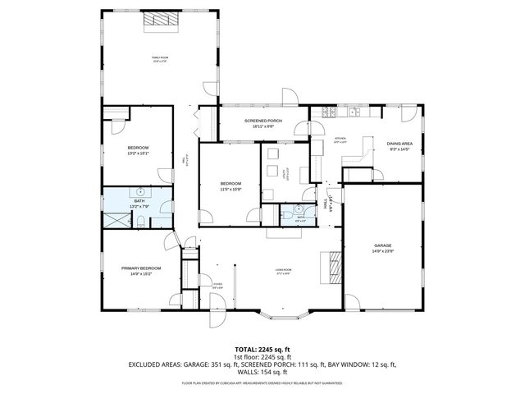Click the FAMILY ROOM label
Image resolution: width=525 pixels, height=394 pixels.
[159, 57]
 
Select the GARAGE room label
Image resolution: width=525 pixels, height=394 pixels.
[382, 245]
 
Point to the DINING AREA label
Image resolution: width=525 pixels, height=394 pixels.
[399, 144]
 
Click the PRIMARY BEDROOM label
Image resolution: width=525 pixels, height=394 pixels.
[141, 268]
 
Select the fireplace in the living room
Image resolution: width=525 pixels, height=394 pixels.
[335, 267]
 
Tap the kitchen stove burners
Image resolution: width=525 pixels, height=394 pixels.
[328, 112]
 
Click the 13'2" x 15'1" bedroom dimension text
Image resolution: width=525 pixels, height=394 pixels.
[137, 153]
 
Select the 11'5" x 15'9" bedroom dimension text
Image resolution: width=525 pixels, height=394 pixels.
[231, 189]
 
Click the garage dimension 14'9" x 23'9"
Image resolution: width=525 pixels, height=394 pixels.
[382, 251]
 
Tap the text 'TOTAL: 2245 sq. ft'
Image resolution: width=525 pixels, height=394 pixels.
[262, 349]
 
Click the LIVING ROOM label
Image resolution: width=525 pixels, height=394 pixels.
[284, 268]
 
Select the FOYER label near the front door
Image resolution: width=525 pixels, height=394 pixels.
[217, 284]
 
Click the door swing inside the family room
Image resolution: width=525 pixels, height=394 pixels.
[212, 88]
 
